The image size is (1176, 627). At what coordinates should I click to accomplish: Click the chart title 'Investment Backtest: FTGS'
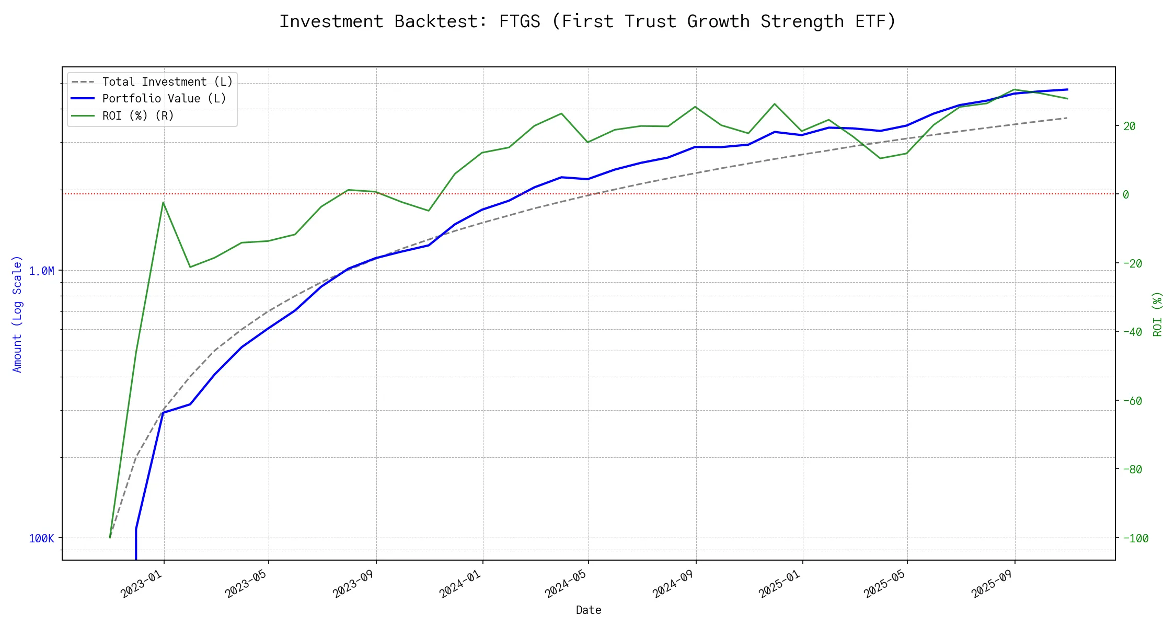tap(587, 21)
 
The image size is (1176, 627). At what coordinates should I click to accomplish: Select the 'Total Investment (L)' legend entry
tap(167, 82)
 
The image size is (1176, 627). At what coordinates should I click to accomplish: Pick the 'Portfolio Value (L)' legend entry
tap(164, 99)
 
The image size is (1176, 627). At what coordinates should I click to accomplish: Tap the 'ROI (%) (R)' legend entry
tap(138, 115)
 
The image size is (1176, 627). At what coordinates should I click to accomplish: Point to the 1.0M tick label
tap(41, 271)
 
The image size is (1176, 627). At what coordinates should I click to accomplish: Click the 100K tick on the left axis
tap(41, 538)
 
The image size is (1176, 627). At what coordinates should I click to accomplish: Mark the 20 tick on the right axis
tap(1129, 126)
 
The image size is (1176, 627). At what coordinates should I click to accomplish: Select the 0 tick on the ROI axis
tap(1126, 194)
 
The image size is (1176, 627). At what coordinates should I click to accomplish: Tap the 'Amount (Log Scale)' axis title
tap(17, 313)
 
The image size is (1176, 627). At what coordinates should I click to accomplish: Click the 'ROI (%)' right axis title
tap(1157, 313)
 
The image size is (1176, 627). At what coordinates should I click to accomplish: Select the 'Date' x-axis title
tap(589, 610)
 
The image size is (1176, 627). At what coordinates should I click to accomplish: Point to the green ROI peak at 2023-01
tap(163, 202)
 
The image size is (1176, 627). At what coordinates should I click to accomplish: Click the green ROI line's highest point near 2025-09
tap(1014, 89)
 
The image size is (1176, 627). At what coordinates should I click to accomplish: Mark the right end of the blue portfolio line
tap(1067, 89)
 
